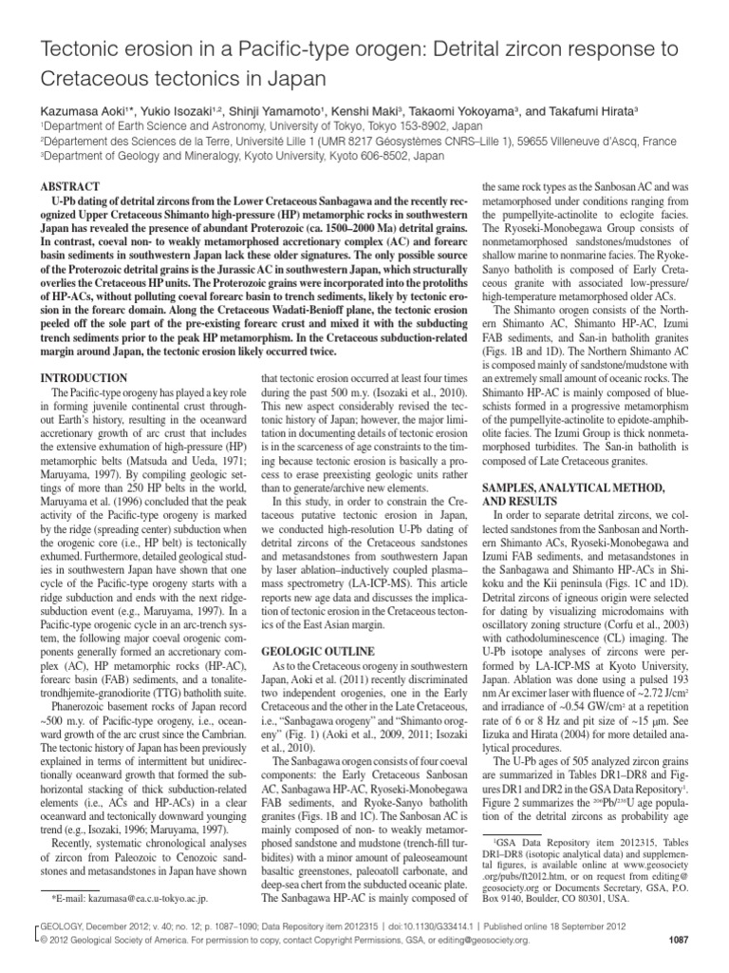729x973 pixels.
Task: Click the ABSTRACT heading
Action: coord(67,186)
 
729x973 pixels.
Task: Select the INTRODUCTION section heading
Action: coord(84,377)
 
